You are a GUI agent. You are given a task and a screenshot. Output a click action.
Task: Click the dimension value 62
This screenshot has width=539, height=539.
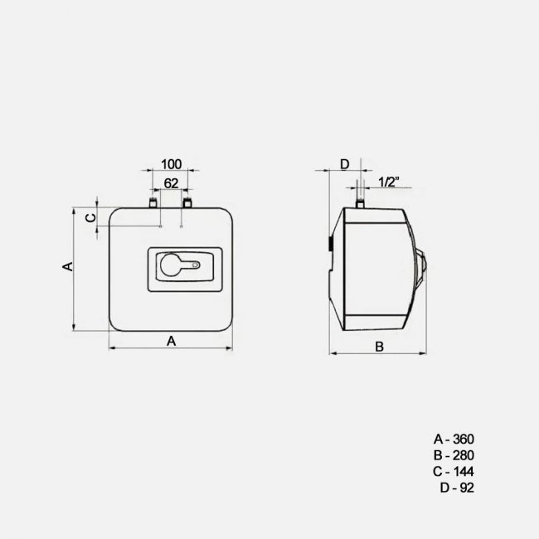pyautogui.click(x=171, y=182)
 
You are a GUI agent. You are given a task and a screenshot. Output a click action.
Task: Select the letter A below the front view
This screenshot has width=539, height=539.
pyautogui.click(x=172, y=340)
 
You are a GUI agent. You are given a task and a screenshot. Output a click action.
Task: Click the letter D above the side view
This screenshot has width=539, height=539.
pyautogui.click(x=345, y=164)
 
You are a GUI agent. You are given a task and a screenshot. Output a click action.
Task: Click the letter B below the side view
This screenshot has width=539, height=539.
pyautogui.click(x=379, y=346)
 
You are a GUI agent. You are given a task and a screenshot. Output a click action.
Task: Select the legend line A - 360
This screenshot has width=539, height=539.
pyautogui.click(x=454, y=439)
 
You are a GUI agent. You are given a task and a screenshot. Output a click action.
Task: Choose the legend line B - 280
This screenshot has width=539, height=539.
pyautogui.click(x=454, y=455)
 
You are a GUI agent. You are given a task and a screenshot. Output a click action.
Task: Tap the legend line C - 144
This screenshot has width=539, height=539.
pyautogui.click(x=454, y=471)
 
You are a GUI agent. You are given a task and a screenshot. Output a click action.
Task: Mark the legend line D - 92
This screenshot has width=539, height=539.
pyautogui.click(x=457, y=488)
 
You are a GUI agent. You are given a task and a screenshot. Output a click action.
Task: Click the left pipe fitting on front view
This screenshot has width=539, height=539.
pyautogui.click(x=153, y=202)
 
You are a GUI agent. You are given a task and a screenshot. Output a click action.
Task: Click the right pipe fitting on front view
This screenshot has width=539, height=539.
pyautogui.click(x=187, y=202)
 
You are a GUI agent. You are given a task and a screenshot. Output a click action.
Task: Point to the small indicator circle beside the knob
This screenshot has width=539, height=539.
pyautogui.click(x=195, y=266)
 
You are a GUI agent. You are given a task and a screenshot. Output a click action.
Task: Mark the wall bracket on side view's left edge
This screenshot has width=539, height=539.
pyautogui.click(x=329, y=246)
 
